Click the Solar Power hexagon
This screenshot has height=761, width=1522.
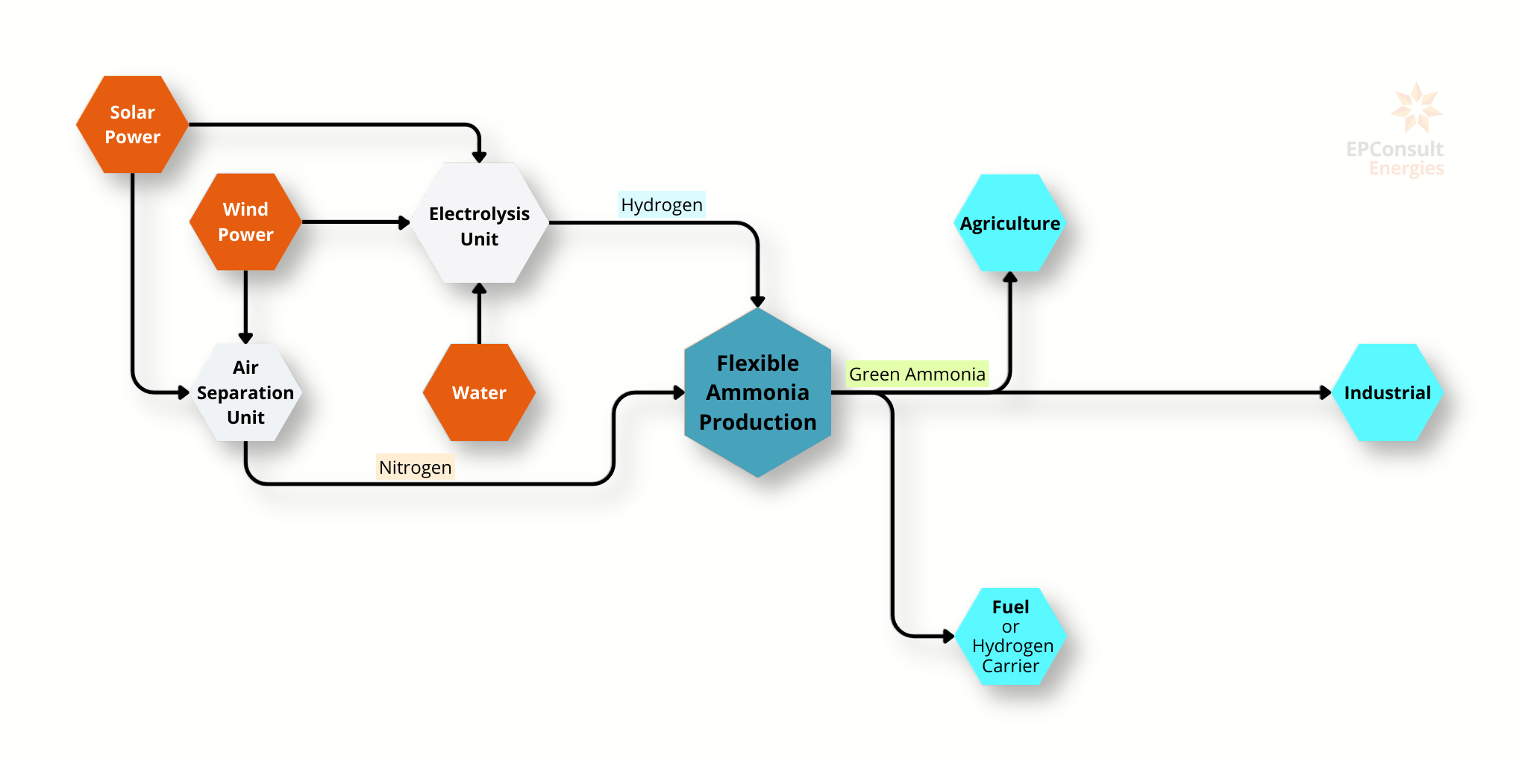pos(132,125)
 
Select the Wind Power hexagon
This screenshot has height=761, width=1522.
pos(245,222)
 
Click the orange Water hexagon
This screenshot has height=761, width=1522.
pos(479,392)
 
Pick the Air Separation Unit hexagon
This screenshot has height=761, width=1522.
pos(245,392)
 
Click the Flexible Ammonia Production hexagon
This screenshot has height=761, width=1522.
pos(757,392)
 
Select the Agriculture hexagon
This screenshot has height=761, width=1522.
pos(1010,223)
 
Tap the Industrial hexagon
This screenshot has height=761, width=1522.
pos(1387,392)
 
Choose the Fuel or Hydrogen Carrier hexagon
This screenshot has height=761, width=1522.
pos(1010,636)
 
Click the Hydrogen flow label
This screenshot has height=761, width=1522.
pos(662,204)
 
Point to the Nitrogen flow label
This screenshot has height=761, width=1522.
pos(415,467)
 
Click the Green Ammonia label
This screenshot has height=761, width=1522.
pos(917,374)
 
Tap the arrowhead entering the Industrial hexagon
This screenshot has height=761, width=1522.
pos(1325,392)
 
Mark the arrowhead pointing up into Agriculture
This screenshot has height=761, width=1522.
pos(1010,278)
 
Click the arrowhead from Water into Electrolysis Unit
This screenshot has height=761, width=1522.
pos(479,289)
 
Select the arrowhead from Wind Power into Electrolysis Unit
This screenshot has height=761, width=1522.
pos(404,222)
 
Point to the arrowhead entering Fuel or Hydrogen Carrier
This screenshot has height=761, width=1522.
pos(948,636)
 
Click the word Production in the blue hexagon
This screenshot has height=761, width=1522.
pos(757,422)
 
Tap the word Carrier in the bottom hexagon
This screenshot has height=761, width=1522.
pos(1010,666)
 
